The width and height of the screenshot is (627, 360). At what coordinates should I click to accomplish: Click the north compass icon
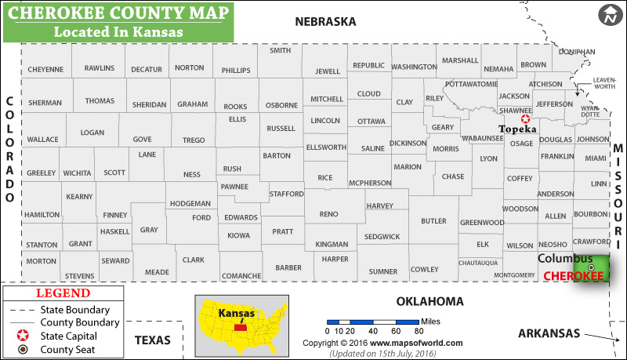click(609, 14)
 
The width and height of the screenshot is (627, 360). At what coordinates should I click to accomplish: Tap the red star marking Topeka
click(525, 118)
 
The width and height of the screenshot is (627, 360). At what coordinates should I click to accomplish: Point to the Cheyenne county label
click(45, 69)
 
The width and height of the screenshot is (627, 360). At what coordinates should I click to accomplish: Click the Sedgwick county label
click(382, 236)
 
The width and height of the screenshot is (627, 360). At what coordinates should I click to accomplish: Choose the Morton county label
click(41, 261)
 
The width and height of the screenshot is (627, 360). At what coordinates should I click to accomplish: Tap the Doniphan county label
click(577, 50)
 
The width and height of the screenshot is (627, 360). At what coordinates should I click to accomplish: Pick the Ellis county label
click(237, 119)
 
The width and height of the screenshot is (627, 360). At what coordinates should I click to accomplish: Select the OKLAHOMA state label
click(429, 301)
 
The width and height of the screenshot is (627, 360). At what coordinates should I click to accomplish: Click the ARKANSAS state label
click(549, 333)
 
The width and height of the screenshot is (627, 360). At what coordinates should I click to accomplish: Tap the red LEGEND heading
click(63, 293)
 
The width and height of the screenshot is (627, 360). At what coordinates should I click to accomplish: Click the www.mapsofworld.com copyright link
click(416, 343)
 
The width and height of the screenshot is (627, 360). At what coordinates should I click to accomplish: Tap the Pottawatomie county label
click(471, 83)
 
